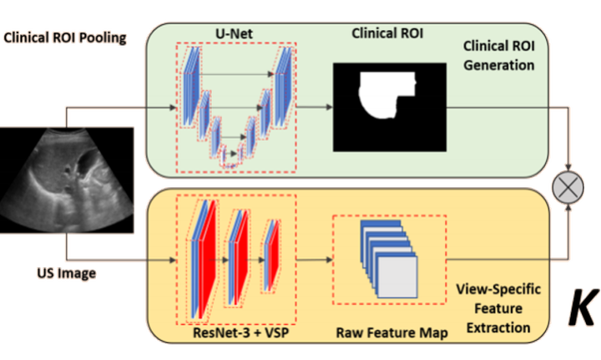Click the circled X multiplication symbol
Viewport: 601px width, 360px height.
click(x=568, y=188)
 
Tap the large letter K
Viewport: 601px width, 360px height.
click(x=583, y=307)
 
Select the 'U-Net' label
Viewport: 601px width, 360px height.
click(x=234, y=33)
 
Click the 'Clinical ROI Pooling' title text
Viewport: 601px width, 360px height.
click(x=65, y=38)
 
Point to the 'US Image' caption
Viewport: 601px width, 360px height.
click(x=66, y=273)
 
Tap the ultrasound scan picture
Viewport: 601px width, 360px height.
click(x=67, y=180)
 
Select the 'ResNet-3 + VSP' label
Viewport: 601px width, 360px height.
click(x=240, y=332)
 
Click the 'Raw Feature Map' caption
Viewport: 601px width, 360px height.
click(x=391, y=332)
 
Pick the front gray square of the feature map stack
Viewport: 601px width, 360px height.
click(x=397, y=276)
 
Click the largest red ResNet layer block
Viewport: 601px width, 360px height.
click(x=207, y=260)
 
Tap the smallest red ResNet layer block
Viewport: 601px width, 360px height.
click(x=273, y=256)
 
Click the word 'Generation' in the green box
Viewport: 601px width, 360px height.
click(x=498, y=65)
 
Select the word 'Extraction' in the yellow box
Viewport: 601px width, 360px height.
click(x=498, y=327)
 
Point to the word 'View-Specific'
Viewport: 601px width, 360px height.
click(x=498, y=289)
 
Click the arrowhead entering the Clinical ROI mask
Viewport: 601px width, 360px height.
click(x=330, y=108)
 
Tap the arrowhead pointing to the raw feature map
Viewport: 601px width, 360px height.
click(x=330, y=260)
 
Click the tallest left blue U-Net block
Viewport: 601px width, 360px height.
click(x=190, y=87)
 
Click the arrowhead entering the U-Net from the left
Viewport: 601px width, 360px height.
click(x=173, y=108)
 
